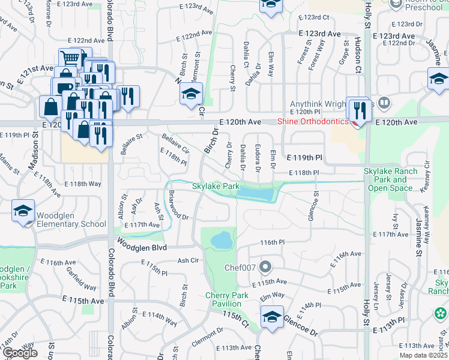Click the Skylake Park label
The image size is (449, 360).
tap(215, 187)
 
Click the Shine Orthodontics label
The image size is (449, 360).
tap(312, 122)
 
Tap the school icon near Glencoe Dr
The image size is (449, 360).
tap(272, 316)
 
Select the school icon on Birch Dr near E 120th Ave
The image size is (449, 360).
tap(191, 94)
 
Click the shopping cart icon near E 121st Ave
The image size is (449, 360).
tap(70, 58)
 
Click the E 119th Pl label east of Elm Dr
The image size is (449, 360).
tap(304, 157)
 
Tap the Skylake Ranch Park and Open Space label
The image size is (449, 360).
tap(391, 179)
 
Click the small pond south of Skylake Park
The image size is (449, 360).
tap(221, 240)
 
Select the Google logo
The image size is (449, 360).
tap(20, 353)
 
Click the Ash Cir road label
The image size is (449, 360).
tap(187, 261)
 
